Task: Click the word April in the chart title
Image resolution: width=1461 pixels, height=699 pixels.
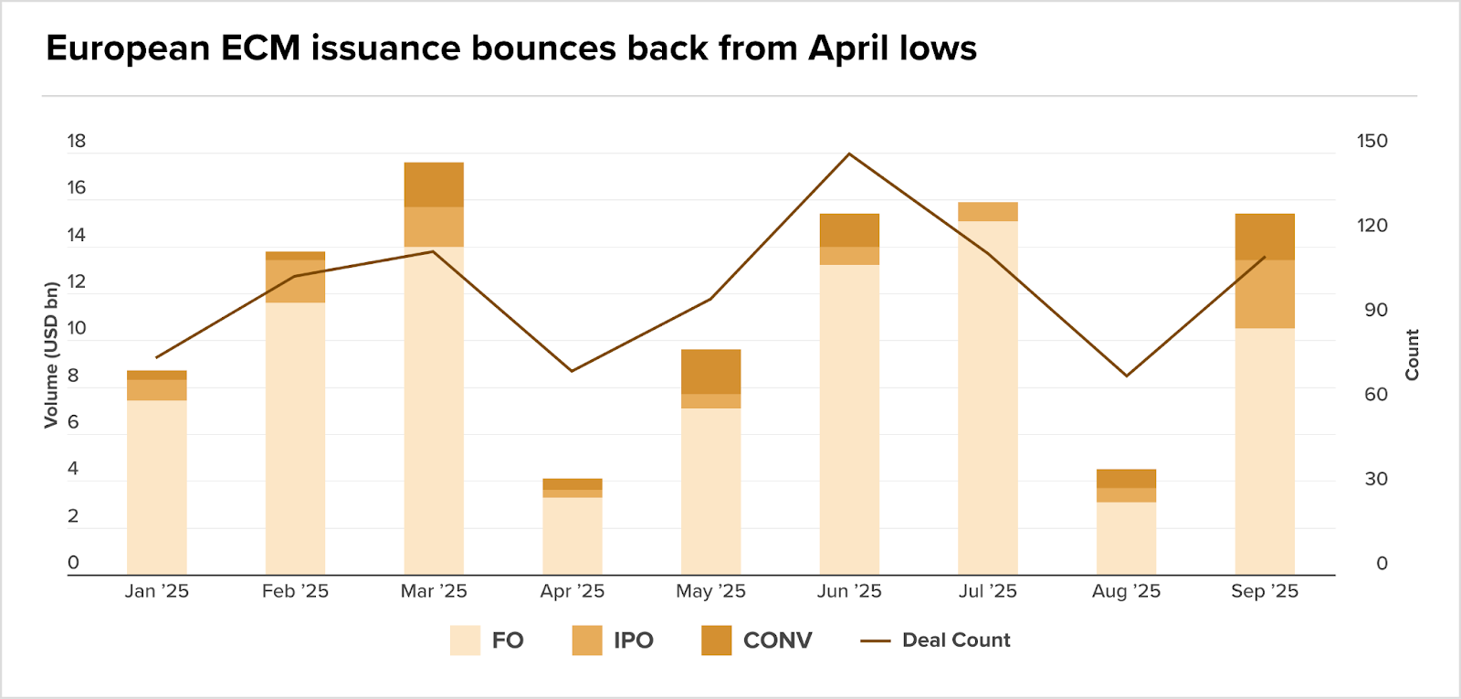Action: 848,48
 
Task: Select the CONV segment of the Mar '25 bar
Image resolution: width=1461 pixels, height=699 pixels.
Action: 434,185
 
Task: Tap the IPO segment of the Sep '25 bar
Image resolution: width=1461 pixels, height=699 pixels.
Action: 1265,294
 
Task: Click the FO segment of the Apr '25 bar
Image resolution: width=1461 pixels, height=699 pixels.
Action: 573,535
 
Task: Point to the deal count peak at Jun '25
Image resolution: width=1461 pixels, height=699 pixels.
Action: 849,154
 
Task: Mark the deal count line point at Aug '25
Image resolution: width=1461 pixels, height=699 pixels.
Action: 1127,376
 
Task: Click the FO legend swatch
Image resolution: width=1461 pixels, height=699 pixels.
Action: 465,641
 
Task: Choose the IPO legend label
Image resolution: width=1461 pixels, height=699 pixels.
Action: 633,641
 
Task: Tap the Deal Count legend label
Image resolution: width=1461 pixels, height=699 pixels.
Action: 956,641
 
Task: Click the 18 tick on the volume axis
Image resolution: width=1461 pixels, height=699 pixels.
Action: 77,142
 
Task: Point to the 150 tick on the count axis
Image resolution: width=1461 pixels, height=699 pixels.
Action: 1372,142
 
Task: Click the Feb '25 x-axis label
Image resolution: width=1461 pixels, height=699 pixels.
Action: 295,592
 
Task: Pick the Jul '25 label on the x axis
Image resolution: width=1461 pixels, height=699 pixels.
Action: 988,592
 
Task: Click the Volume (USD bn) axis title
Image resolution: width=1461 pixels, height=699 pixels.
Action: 51,355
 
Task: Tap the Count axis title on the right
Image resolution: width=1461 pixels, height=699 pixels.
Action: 1412,355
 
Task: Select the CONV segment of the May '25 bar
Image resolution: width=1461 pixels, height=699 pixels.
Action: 710,372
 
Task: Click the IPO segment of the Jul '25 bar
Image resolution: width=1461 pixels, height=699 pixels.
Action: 988,212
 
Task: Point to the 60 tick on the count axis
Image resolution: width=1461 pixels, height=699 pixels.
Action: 1376,395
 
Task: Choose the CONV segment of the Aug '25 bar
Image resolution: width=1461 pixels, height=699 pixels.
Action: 1127,479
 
